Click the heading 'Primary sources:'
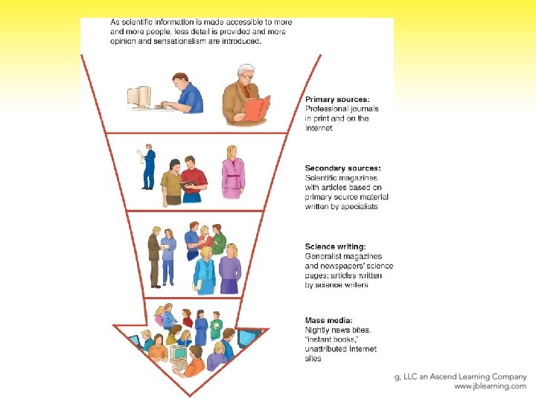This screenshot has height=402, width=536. [338, 100]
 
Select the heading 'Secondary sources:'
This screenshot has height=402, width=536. [342, 169]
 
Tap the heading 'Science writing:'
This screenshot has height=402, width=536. [335, 246]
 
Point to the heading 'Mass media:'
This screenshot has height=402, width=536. [328, 321]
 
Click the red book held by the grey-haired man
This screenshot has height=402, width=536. [257, 109]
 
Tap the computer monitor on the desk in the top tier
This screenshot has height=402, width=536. [139, 97]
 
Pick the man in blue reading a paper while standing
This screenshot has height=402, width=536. [149, 167]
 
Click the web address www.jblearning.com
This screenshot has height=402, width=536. [489, 386]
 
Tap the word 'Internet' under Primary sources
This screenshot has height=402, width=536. [319, 128]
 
